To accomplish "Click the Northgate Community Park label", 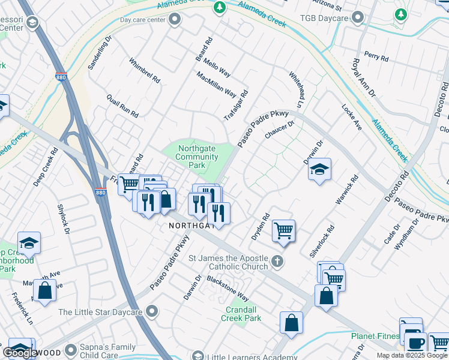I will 196,157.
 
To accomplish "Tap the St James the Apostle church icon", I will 277,261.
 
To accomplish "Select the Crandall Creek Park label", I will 243,314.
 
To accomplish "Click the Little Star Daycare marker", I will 152,311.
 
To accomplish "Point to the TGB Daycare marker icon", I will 359,18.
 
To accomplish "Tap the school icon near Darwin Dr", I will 319,170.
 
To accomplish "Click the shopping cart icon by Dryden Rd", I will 283,230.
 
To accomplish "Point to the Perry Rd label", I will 376,58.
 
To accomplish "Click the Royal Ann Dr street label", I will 363,78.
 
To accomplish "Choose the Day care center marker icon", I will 175,20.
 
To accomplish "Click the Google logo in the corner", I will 20,353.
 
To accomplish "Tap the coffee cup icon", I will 415,343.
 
